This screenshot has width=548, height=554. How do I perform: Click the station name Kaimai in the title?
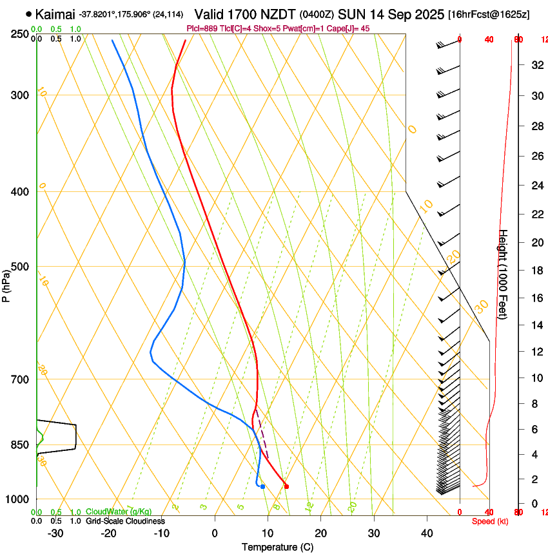click(55, 14)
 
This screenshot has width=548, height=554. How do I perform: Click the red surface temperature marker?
click(286, 486)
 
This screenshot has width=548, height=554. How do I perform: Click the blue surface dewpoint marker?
click(262, 486)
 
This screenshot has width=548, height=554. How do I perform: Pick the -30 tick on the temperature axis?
click(55, 533)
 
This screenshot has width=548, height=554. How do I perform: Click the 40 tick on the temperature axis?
click(427, 533)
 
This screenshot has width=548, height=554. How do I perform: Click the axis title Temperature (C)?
click(277, 547)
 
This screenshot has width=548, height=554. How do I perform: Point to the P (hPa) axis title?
click(6, 283)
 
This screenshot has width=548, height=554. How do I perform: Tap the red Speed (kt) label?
click(490, 521)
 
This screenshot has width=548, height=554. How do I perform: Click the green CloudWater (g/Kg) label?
click(119, 511)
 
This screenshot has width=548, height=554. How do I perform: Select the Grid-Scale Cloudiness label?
click(125, 521)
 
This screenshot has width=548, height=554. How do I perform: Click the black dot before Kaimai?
click(28, 14)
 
